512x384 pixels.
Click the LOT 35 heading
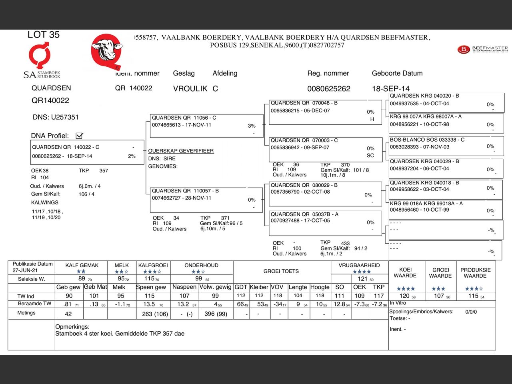43,35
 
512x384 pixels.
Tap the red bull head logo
107,51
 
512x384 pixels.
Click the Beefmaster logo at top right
482,50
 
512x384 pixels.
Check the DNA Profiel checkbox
79,136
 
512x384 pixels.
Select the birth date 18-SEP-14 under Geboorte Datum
390,88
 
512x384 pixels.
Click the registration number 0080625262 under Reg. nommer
328,88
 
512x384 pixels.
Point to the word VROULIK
190,88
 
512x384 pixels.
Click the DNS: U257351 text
56,117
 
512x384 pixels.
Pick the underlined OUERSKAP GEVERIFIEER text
181,151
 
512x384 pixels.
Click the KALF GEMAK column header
82,265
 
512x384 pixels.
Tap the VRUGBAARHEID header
359,265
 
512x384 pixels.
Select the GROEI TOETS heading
281,271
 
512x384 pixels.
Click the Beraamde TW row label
34,304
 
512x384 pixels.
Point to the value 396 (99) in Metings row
216,314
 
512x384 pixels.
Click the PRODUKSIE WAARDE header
475,273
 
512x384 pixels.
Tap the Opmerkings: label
72,327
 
